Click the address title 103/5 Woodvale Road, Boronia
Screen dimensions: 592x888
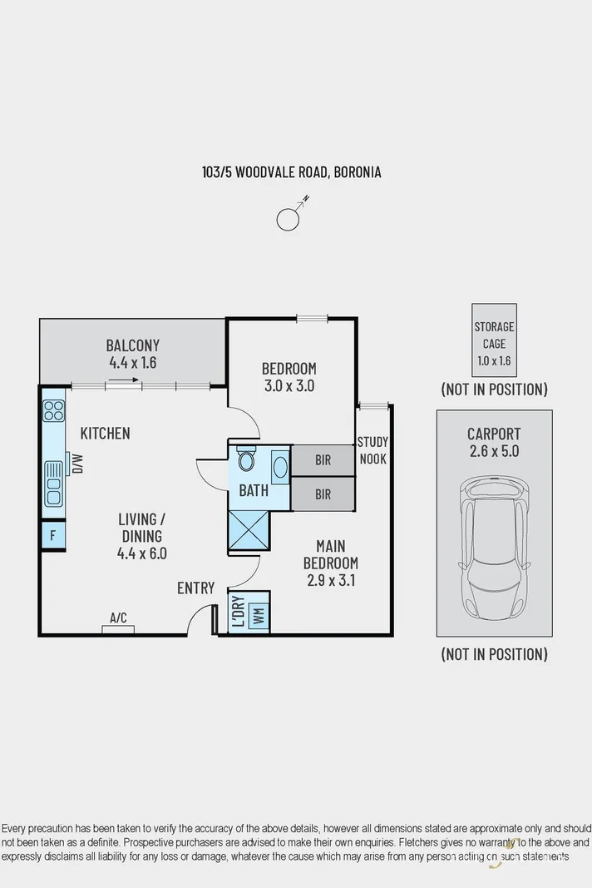292,172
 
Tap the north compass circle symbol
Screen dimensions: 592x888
287,219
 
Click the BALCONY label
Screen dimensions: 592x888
133,345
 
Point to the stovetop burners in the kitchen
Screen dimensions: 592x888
54,410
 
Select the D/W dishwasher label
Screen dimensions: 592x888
77,463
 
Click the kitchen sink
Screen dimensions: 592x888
54,484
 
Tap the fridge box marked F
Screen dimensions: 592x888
53,535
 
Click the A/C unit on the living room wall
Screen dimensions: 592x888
118,628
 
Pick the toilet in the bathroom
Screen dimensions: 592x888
245,460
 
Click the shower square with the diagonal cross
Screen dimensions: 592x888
249,529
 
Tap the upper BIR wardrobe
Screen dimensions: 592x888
323,459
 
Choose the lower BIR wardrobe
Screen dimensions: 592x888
323,494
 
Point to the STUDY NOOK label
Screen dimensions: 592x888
372,450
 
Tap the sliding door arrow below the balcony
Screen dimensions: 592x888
123,381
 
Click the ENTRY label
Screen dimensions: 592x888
196,588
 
